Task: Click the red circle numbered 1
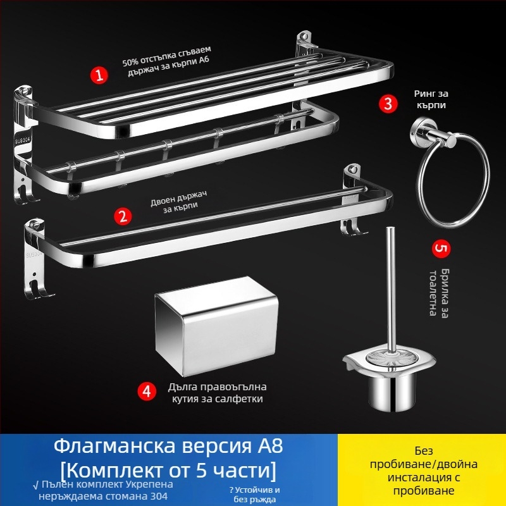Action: [x=99, y=75]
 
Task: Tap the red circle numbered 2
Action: [x=123, y=216]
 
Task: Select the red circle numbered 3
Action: [x=388, y=104]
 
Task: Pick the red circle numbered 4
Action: [x=147, y=391]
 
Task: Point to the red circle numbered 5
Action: [x=441, y=248]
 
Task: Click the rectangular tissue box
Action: [x=216, y=326]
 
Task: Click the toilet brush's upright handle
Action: [x=391, y=290]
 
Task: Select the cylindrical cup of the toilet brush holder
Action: [x=392, y=392]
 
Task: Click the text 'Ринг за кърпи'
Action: [x=431, y=99]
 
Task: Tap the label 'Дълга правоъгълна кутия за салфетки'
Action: [x=217, y=393]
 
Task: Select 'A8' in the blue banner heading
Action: [x=270, y=446]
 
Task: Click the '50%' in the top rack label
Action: [x=130, y=61]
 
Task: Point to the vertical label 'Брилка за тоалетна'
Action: [x=439, y=292]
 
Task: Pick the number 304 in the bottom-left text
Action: [x=159, y=496]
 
